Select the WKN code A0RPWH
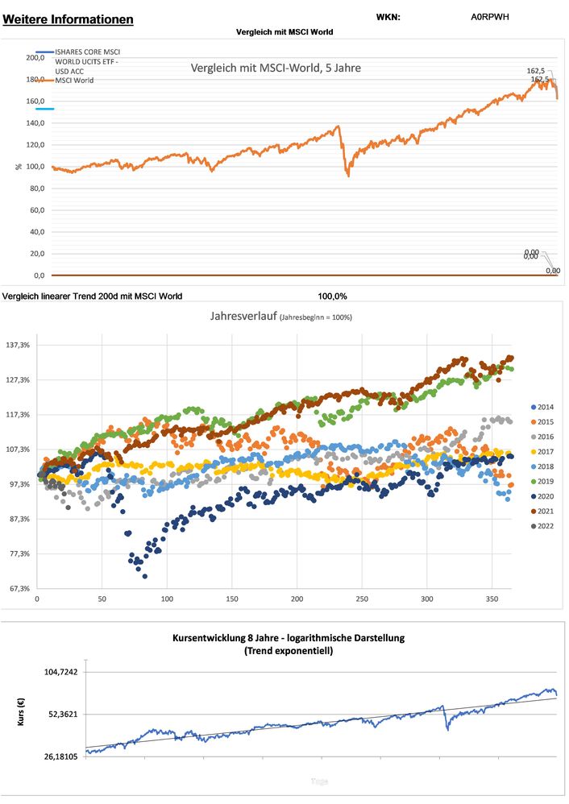point(490,17)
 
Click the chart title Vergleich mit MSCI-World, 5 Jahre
point(276,68)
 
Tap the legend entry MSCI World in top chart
point(74,81)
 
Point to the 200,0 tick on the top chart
point(35,58)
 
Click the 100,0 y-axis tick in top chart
point(35,167)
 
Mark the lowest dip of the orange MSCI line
point(348,175)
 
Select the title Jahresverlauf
point(242,317)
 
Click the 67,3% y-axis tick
point(18,588)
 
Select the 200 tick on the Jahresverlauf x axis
point(297,599)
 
